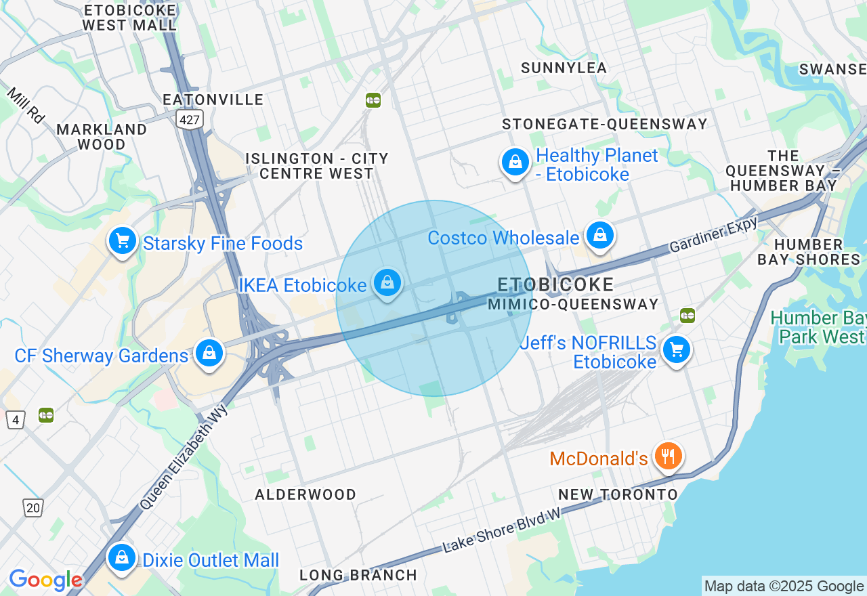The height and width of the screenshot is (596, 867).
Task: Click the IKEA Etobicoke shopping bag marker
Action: pos(387,283)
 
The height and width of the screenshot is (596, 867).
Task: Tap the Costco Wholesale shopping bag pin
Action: pos(599,235)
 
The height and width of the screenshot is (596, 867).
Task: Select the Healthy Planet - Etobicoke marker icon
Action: pos(515,162)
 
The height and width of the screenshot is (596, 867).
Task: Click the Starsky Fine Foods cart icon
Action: pos(122,241)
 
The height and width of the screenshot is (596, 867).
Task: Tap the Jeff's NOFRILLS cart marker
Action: pos(676,350)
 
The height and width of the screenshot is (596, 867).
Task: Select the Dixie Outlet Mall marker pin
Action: pos(122,557)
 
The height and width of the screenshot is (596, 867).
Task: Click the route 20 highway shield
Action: pos(33,507)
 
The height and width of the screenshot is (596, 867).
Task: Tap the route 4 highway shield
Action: pos(15,419)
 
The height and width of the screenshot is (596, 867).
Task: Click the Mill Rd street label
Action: pos(26,105)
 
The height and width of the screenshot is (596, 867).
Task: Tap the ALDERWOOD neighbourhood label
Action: pos(305,494)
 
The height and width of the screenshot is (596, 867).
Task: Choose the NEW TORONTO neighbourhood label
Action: pos(618,494)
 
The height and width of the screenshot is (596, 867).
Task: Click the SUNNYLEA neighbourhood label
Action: pos(564,68)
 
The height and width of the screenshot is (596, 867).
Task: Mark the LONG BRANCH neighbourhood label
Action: pos(358,575)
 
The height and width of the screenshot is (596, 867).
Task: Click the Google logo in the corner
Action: pos(45,580)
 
